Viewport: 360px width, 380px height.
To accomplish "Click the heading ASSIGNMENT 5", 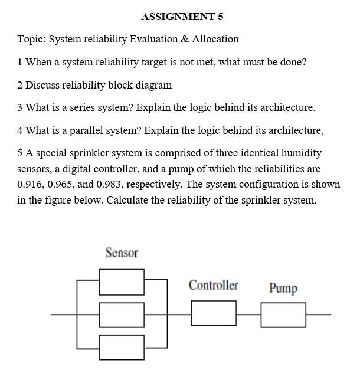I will (x=182, y=17).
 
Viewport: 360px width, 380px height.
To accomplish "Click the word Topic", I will (x=30, y=40).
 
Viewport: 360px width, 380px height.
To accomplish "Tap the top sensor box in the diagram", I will (x=122, y=282).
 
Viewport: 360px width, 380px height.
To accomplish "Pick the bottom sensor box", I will (x=122, y=346).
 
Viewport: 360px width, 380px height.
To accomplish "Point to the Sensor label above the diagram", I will (x=122, y=253).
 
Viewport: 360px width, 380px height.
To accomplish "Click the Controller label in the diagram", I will (x=213, y=286).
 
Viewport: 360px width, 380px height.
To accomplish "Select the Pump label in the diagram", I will (x=283, y=288).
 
